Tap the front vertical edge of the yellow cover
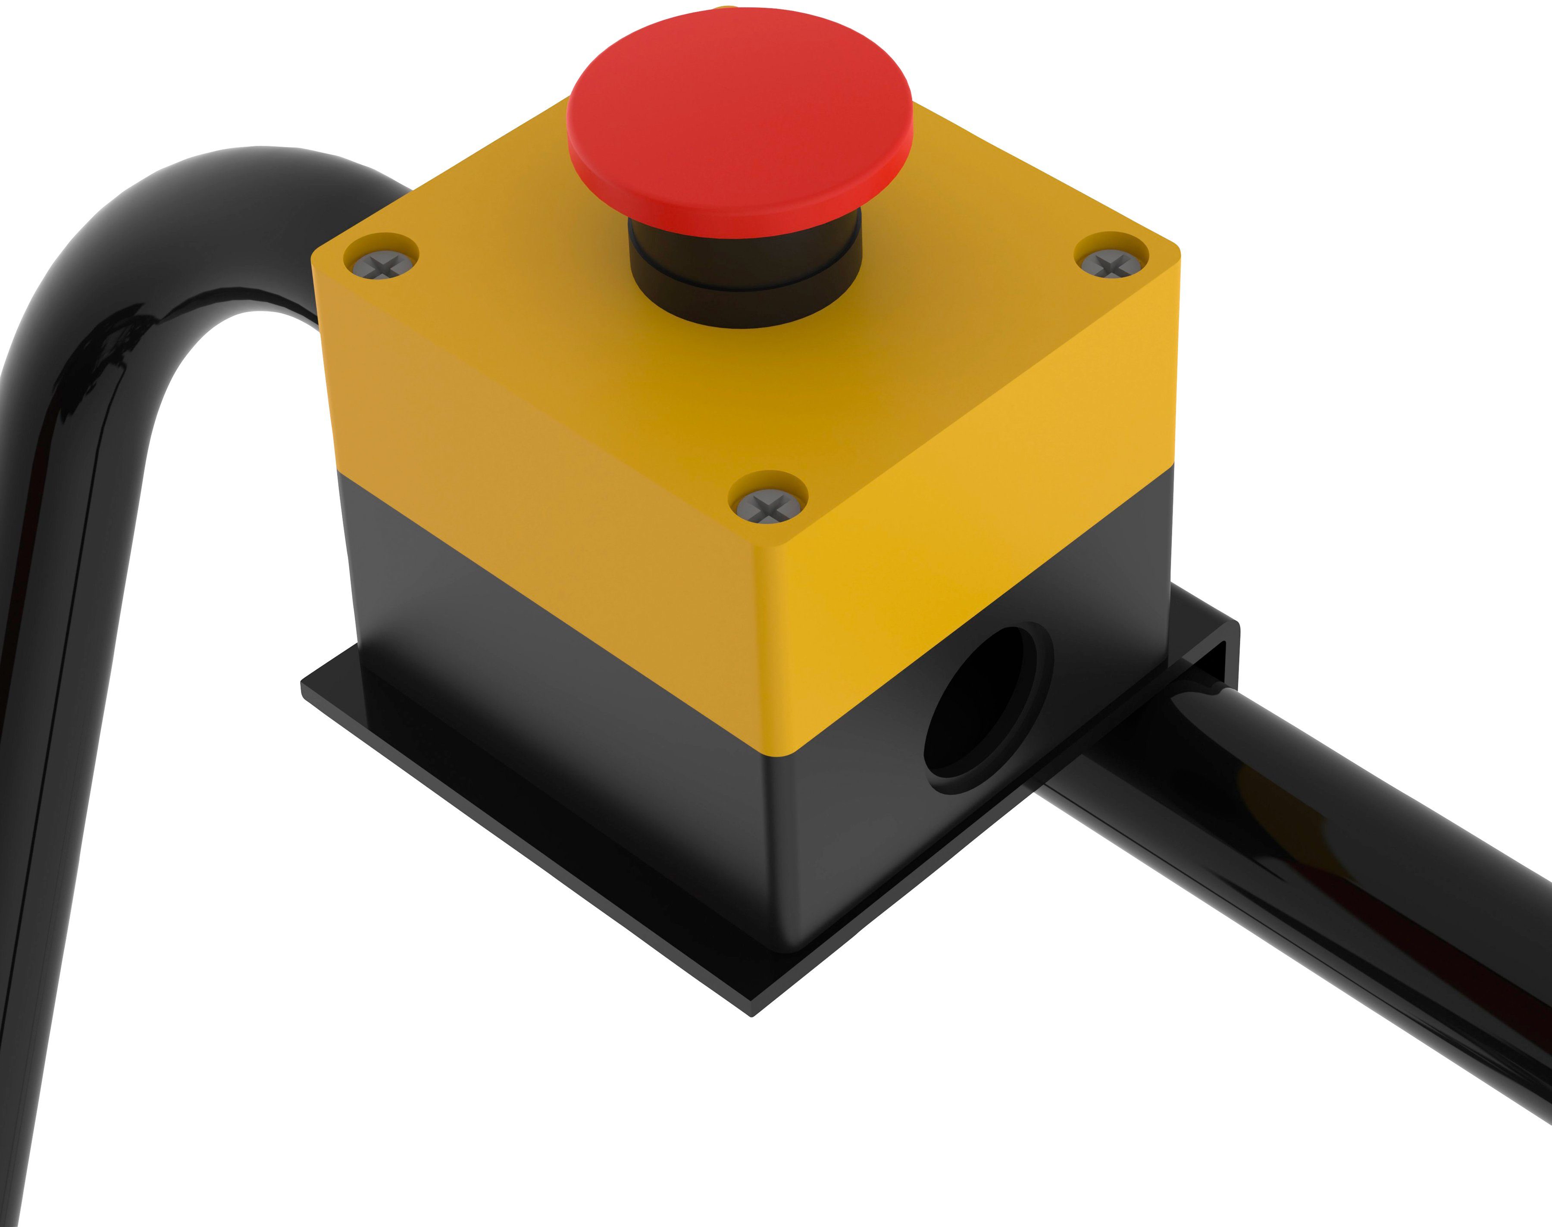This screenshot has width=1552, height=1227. [x=776, y=646]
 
